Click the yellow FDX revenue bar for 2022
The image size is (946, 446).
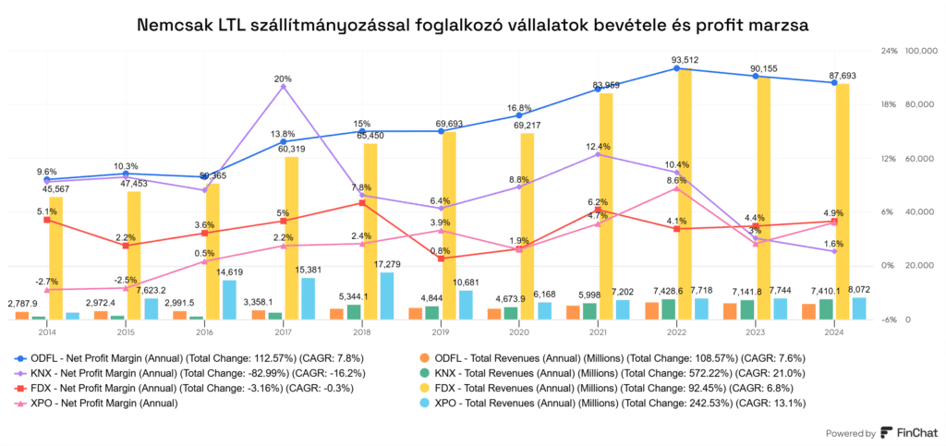tap(685, 194)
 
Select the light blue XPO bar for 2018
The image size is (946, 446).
tap(387, 295)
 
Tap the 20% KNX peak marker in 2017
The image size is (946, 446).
tap(284, 86)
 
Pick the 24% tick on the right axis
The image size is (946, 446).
tap(890, 51)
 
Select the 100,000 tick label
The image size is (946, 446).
tap(925, 51)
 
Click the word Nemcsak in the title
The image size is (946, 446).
tap(176, 26)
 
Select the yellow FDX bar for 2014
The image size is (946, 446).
tap(55, 258)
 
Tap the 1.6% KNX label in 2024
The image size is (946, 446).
tap(834, 244)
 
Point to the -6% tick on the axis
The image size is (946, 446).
tap(890, 319)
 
